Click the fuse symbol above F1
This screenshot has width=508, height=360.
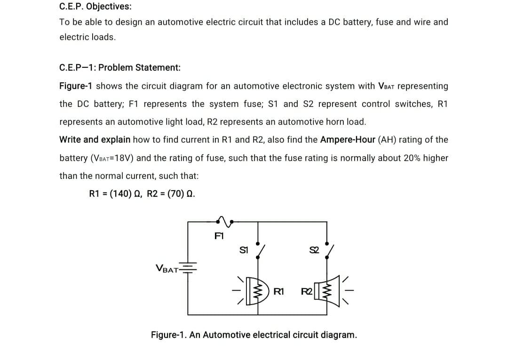[225, 218]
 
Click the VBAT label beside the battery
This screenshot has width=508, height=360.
[167, 270]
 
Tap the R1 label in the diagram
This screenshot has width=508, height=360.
[278, 291]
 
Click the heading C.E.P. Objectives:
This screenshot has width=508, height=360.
[95, 7]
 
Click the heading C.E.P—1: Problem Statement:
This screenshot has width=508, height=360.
[120, 67]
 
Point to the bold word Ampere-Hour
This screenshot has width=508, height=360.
[347, 140]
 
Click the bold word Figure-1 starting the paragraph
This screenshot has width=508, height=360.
[76, 86]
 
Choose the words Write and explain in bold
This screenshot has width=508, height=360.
[95, 140]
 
